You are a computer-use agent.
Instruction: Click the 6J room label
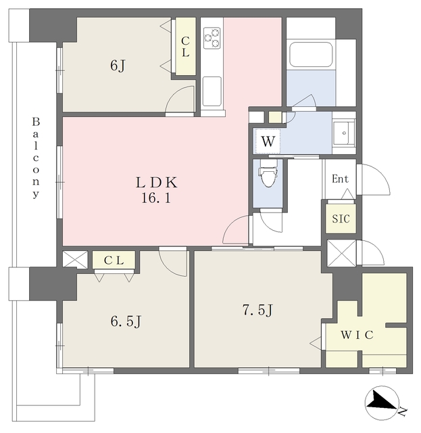coord(118,66)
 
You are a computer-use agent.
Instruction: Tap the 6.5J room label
coord(126,321)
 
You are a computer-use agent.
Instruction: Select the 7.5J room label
coord(257,310)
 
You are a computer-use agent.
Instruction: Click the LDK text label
coord(156,182)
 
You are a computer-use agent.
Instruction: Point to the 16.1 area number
coord(156,198)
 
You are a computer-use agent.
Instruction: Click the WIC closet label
coord(357,335)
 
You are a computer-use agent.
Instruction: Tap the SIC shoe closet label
coord(341,219)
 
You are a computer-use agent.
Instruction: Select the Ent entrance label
coord(340,179)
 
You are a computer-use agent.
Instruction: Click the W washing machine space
coord(268,141)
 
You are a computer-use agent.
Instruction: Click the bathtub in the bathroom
coord(311,54)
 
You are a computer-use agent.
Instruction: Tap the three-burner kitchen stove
coord(212,38)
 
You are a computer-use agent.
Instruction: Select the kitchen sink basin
coord(212,91)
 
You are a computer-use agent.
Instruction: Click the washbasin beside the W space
coord(344,133)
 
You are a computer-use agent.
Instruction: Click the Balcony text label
coord(36,158)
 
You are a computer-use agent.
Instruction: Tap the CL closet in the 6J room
coord(185,47)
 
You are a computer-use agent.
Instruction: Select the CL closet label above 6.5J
coord(114,260)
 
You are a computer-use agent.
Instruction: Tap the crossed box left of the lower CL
coord(75,258)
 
